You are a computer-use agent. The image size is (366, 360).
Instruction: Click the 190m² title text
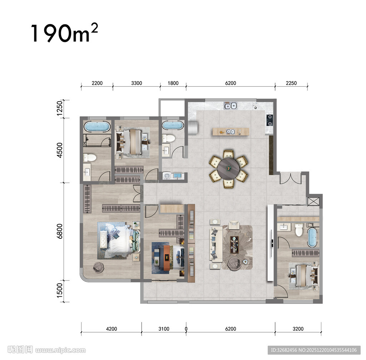[64, 33]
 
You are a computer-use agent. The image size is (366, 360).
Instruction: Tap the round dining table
[228, 168]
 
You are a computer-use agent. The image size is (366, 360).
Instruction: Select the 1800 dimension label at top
[173, 83]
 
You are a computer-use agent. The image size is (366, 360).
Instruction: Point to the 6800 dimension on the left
[60, 231]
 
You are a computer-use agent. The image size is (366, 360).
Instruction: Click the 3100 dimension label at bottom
[164, 329]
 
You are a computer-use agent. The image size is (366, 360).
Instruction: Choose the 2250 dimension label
[291, 83]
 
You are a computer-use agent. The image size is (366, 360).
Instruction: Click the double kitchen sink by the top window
[231, 106]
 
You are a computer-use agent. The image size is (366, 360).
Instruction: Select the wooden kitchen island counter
[231, 132]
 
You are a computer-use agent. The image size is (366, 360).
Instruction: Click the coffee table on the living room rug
[234, 244]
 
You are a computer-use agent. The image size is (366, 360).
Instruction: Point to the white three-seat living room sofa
[216, 243]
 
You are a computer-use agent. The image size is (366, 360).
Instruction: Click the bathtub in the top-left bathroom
[97, 126]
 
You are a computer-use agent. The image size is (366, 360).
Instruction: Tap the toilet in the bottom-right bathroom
[299, 229]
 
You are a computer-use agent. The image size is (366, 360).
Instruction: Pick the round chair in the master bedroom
[98, 267]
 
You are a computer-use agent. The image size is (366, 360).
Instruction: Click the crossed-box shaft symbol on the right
[313, 201]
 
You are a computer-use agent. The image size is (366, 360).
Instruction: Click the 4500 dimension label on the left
[60, 150]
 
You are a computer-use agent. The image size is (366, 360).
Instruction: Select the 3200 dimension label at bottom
[298, 329]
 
